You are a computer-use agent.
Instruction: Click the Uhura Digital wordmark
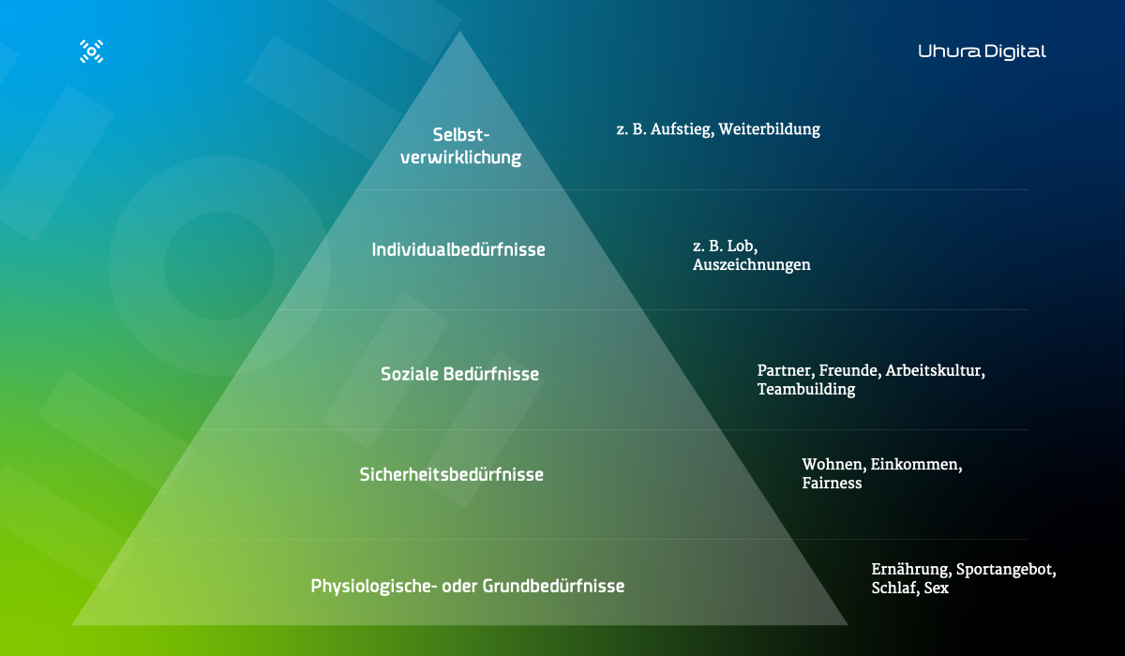pos(982,52)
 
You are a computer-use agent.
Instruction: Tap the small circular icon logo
pos(92,52)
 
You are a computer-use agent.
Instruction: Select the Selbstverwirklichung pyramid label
pos(460,146)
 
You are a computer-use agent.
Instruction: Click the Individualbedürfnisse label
pos(458,250)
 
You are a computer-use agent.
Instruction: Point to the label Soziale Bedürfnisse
pos(459,374)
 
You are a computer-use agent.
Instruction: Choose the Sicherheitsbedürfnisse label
pos(451,474)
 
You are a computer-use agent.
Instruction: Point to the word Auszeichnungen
pos(752,265)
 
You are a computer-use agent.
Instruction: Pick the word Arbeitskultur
pos(935,371)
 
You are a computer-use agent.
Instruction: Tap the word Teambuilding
pos(806,390)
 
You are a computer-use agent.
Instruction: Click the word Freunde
pos(849,371)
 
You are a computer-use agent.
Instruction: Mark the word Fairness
pos(832,484)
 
